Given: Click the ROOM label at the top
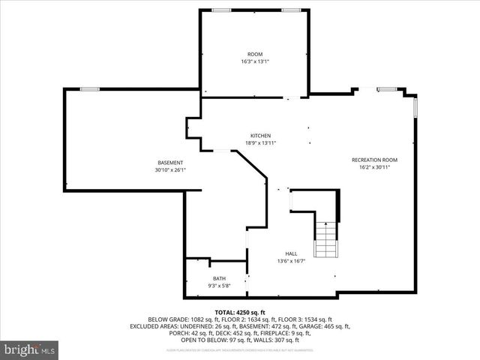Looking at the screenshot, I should [x=255, y=54].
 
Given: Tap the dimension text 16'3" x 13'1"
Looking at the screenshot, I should [x=255, y=61].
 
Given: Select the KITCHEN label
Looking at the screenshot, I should [x=260, y=136].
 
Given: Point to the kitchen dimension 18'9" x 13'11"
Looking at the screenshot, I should [x=260, y=143].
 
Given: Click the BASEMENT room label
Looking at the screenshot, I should [x=170, y=163].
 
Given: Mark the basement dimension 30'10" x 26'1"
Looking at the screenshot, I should [x=170, y=170].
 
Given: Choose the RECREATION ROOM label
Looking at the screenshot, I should [x=374, y=160].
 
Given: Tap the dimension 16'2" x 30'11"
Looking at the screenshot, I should [x=374, y=167].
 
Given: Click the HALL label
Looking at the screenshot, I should [x=291, y=253].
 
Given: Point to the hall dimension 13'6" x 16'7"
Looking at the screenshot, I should [x=291, y=261].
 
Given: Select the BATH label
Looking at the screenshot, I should [x=218, y=278].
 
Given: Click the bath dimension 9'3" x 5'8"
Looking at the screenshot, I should [x=218, y=286].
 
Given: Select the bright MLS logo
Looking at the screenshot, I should [x=30, y=349].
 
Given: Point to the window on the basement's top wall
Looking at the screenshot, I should [x=90, y=89].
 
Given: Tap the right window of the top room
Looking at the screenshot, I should [x=291, y=10].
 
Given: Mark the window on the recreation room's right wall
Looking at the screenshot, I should [x=415, y=107].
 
